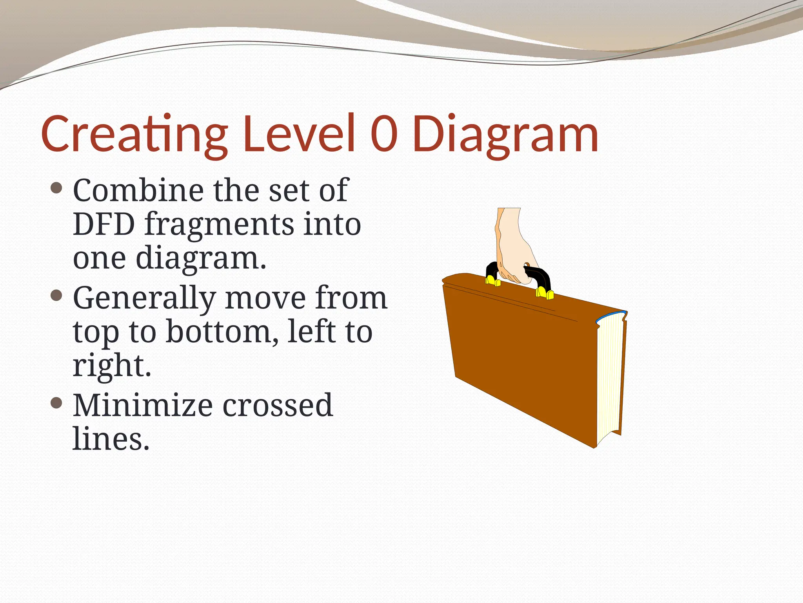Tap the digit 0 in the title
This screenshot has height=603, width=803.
(384, 133)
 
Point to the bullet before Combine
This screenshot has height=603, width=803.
(57, 188)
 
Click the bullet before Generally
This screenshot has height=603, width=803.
(57, 295)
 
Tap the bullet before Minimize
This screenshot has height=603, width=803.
(57, 403)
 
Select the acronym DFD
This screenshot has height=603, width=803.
(104, 224)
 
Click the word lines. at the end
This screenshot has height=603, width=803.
(111, 439)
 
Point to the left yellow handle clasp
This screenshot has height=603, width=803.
(492, 280)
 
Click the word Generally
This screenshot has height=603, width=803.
(144, 299)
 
